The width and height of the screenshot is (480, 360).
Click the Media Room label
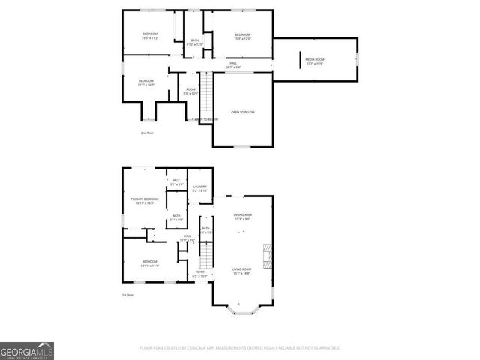pos(314,61)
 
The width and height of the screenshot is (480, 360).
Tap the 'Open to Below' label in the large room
pos(242,112)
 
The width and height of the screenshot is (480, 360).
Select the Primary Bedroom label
pos(145,200)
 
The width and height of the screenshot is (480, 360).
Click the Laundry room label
pos(199,188)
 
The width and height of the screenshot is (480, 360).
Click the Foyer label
pos(200,273)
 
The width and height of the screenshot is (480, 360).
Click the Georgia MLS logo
pos(27,350)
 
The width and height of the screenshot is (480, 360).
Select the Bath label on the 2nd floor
pos(195,42)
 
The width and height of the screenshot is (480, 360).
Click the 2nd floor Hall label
pos(233,64)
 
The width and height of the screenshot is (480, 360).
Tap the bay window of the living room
pos(242,308)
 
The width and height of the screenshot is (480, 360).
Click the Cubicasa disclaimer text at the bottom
pos(240,348)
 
